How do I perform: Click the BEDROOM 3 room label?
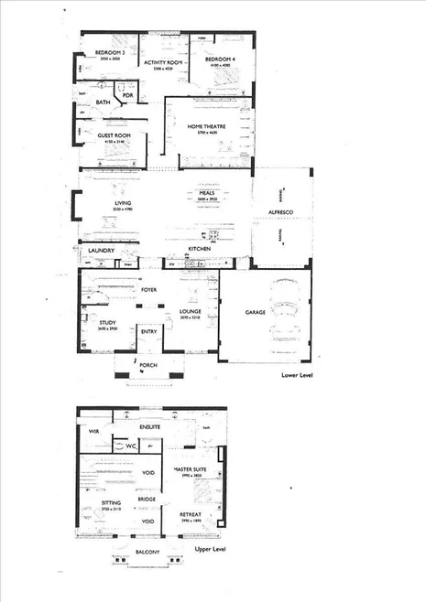[109, 54]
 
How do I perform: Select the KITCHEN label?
[201, 249]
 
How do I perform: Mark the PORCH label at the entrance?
[147, 366]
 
